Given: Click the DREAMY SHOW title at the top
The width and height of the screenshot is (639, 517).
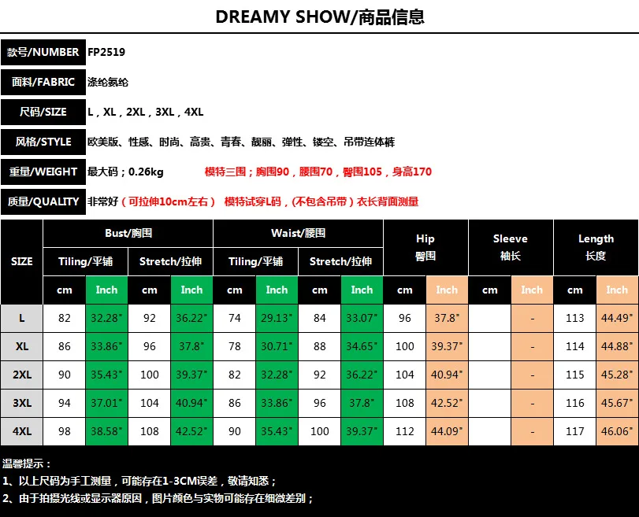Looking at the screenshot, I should tap(319, 17).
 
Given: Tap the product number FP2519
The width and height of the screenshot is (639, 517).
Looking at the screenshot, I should tap(106, 52).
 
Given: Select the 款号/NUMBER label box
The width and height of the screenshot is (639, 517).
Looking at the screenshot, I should tap(43, 52).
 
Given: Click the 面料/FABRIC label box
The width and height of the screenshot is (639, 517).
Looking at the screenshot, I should tap(43, 82).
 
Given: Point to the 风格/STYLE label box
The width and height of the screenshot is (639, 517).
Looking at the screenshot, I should tap(43, 142).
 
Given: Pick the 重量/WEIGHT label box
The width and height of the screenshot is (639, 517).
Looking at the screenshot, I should tap(43, 172).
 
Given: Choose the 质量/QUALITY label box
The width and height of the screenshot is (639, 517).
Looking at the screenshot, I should tap(43, 201).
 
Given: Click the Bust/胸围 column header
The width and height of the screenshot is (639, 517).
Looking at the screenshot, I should tap(128, 233).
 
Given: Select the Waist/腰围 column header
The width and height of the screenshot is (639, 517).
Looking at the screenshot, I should tap(299, 233).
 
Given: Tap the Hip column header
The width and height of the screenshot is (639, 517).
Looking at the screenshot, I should tap(425, 247).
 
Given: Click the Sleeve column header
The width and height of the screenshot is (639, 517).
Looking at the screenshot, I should tap(511, 247).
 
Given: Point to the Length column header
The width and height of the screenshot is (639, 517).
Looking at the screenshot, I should tap(596, 247).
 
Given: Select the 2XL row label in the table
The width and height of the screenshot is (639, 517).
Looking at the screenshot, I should tap(22, 375).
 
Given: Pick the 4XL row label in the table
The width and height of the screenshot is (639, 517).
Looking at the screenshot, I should tap(22, 431).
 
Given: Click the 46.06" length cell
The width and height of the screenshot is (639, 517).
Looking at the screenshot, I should tap(617, 431).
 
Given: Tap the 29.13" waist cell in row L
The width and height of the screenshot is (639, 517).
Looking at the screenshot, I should tap(277, 318).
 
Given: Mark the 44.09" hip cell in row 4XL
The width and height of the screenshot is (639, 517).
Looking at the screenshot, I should tap(447, 431).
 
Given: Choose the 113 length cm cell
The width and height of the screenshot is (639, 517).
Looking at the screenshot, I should tap(575, 318).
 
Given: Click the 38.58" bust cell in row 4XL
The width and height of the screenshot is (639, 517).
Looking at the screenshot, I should tap(106, 431).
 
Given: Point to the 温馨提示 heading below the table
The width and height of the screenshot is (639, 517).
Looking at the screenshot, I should tap(27, 464).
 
